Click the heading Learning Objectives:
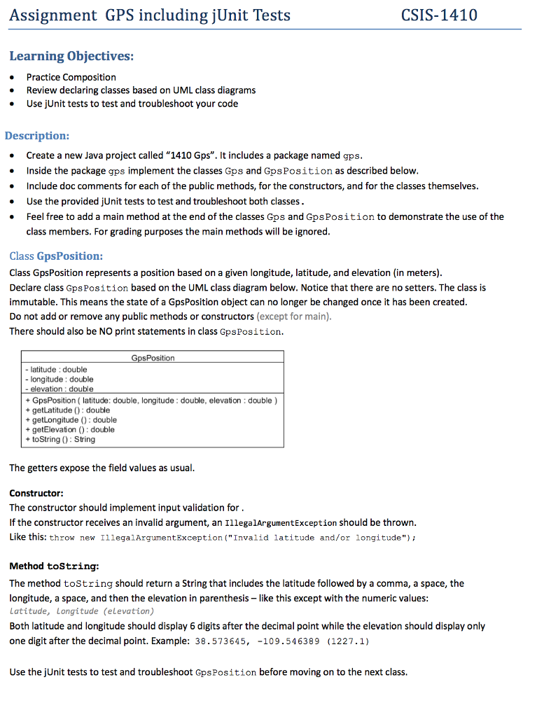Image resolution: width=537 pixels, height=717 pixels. click(x=71, y=56)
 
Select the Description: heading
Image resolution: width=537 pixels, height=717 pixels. click(x=37, y=135)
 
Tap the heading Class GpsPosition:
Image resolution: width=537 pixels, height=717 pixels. click(x=56, y=256)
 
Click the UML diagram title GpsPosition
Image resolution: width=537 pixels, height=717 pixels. click(x=153, y=358)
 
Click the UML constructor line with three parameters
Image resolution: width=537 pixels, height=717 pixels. click(x=151, y=400)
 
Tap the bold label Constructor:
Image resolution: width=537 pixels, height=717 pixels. click(x=36, y=493)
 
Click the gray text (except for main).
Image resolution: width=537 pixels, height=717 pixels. click(x=294, y=316)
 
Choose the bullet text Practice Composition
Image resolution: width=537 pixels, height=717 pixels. click(x=71, y=77)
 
